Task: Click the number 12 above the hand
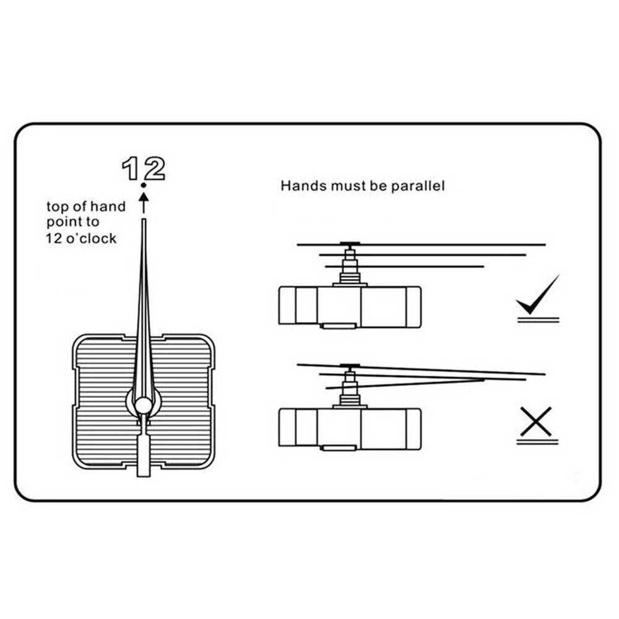[144, 168]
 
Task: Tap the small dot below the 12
[144, 184]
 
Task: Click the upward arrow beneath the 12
[144, 201]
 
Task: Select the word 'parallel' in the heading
[417, 186]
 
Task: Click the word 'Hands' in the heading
[299, 185]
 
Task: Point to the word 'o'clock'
[92, 239]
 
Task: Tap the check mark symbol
[536, 297]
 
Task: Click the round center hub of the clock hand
[144, 405]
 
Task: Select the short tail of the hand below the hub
[144, 455]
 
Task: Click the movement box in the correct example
[350, 305]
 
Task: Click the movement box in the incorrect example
[350, 428]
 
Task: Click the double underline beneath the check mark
[538, 319]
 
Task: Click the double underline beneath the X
[537, 442]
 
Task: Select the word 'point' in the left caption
[64, 223]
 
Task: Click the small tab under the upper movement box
[338, 325]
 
